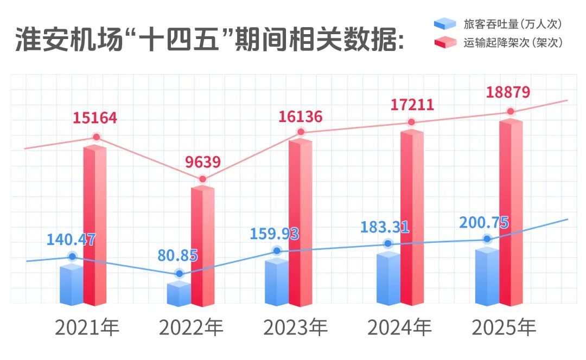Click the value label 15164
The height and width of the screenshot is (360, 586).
(95, 118)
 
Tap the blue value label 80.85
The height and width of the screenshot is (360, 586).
(178, 255)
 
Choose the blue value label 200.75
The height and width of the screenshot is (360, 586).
(484, 223)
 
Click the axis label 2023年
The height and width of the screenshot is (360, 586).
(296, 327)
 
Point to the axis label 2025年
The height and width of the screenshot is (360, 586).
(504, 327)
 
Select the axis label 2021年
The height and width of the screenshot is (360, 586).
(87, 327)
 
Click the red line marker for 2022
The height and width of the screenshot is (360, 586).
(202, 179)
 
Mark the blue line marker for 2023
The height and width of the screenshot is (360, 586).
(277, 250)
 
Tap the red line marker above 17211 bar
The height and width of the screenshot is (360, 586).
(411, 122)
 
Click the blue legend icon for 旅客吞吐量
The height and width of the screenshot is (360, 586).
(444, 24)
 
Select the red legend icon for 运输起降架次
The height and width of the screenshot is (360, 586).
(444, 43)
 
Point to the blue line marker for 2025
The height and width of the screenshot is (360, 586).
(487, 239)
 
